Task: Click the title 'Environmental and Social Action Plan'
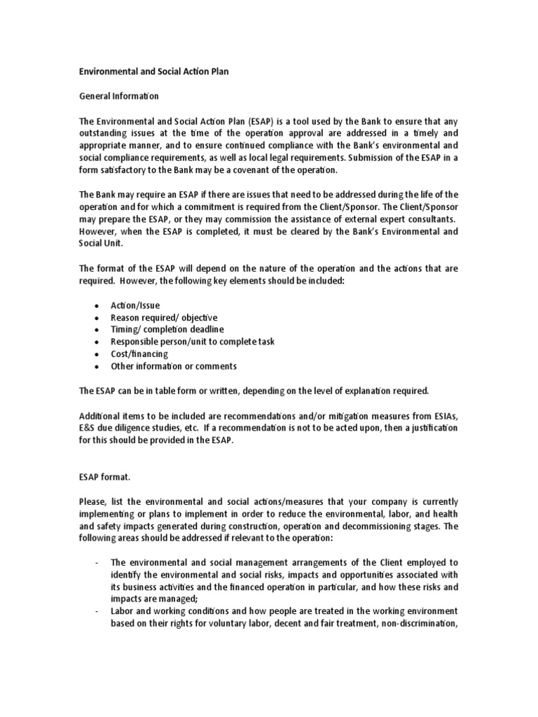(153, 71)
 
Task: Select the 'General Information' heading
(118, 96)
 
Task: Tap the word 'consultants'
(428, 219)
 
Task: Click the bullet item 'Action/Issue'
(135, 305)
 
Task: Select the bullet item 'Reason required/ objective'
(164, 317)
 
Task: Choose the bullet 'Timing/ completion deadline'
(167, 329)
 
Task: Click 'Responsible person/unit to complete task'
(193, 342)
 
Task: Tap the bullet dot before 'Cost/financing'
(95, 354)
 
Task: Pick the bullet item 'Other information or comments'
(174, 366)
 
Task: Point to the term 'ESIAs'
(446, 415)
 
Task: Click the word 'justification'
(432, 428)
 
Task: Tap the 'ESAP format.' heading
(104, 477)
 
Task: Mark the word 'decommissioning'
(393, 527)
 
